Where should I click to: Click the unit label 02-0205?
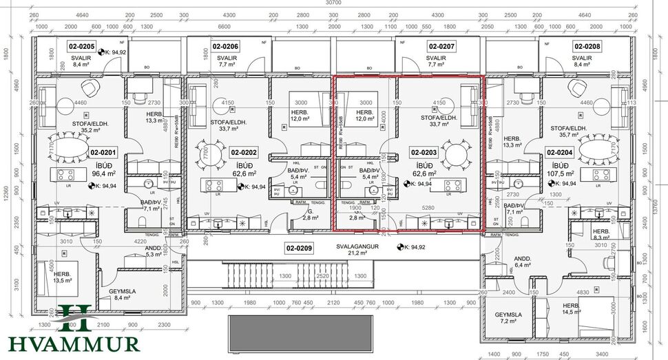tap(81, 47)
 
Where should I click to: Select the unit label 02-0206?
tap(225, 47)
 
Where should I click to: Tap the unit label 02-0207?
tap(441, 47)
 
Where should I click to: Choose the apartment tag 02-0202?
tap(243, 152)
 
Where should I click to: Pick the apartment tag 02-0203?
tap(424, 152)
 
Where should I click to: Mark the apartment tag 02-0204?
tap(560, 152)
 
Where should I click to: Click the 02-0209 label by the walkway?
tap(300, 246)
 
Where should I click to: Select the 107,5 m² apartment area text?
tap(561, 175)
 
